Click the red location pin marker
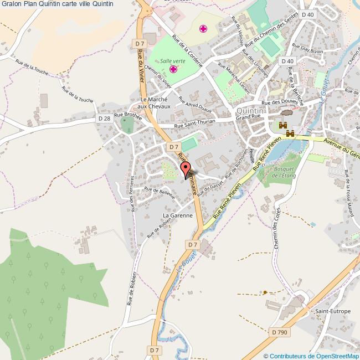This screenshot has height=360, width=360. click(x=186, y=169)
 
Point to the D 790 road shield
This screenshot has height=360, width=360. click(x=280, y=332)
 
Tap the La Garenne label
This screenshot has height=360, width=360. click(x=177, y=215)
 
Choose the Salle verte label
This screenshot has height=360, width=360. click(x=173, y=61)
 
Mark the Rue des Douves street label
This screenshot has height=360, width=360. click(x=280, y=102)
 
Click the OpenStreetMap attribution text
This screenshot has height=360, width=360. click(x=311, y=356)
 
